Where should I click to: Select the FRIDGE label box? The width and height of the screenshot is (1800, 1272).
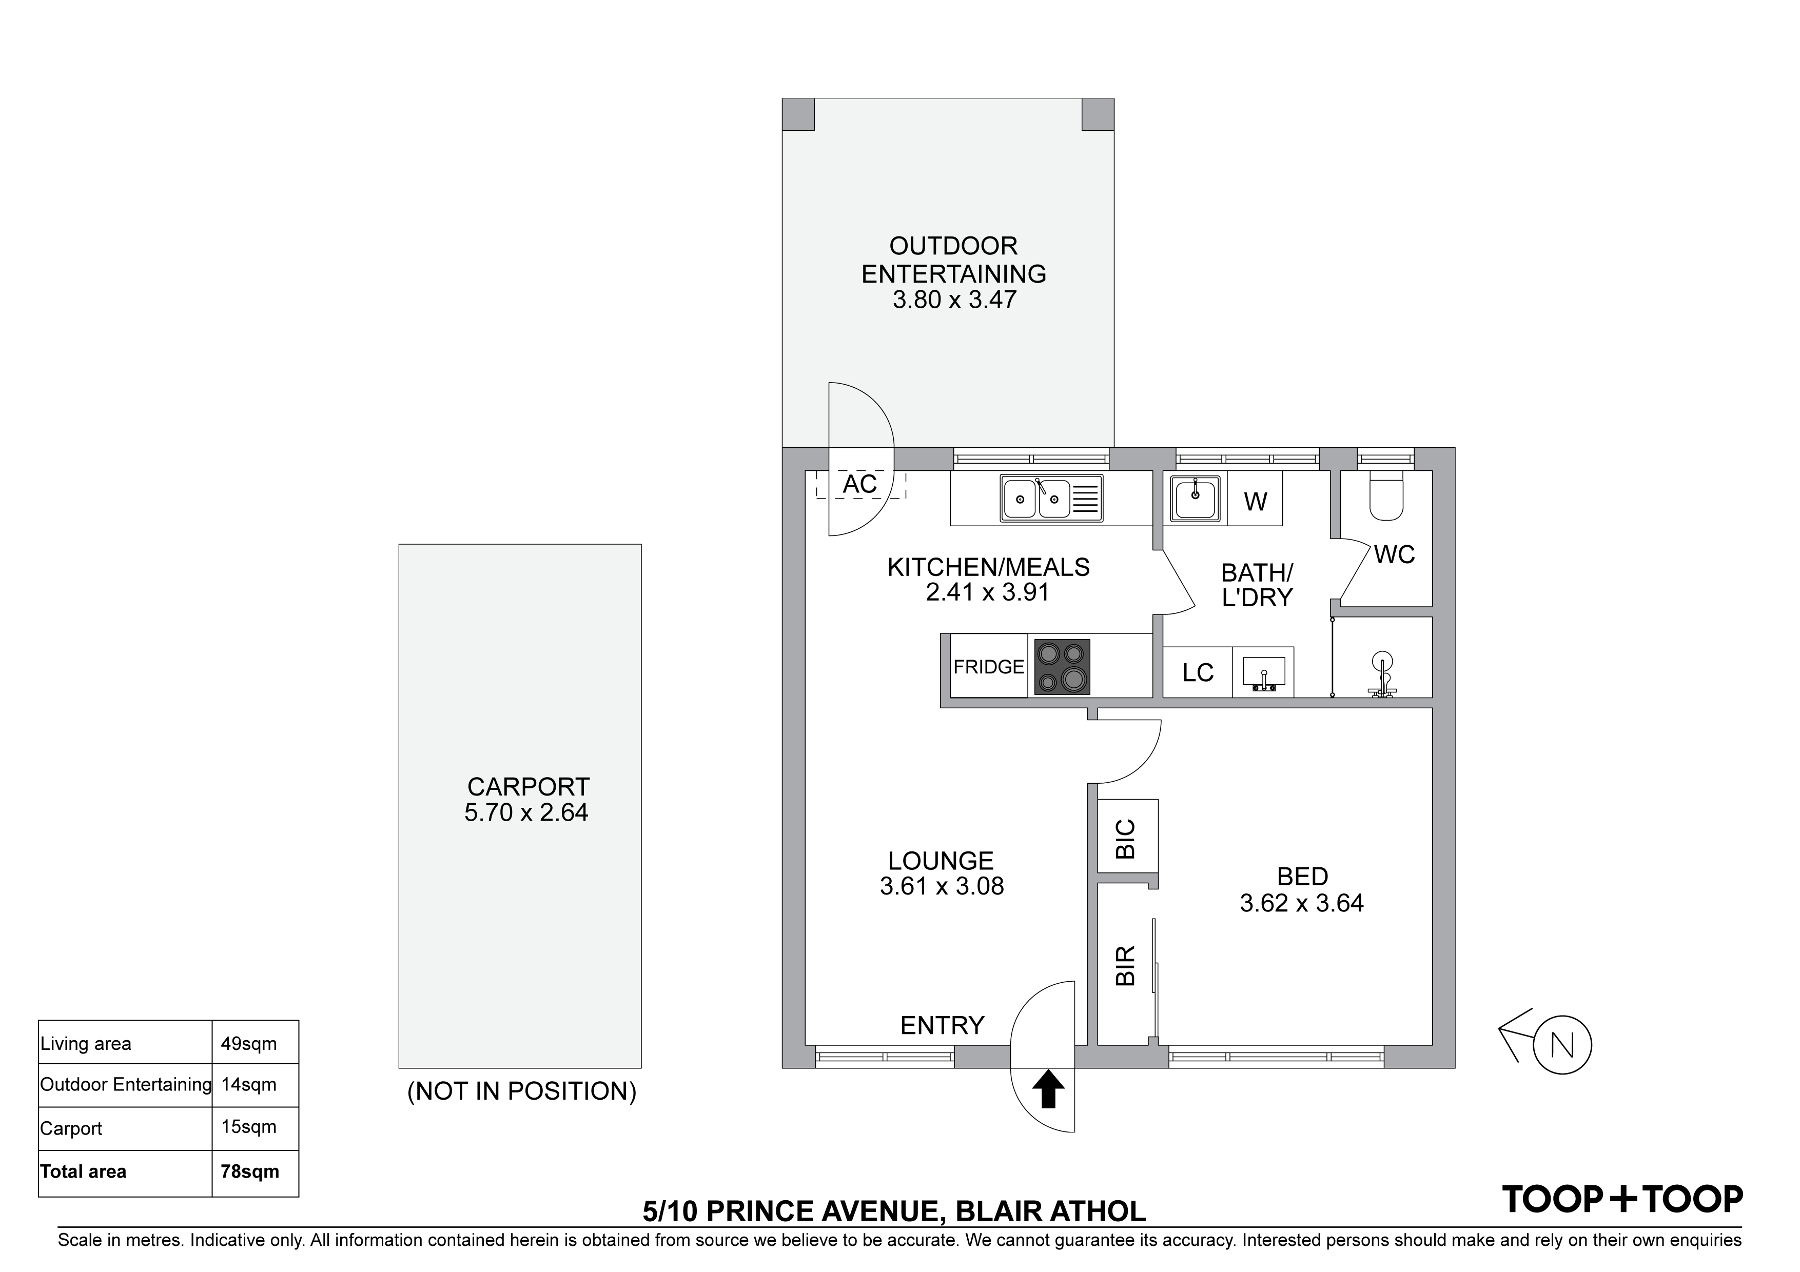point(989,666)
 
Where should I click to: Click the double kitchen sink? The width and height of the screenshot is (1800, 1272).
point(1051,498)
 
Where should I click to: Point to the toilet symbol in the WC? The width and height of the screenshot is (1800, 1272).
point(1386,496)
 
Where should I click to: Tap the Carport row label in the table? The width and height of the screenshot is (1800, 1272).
point(71,1128)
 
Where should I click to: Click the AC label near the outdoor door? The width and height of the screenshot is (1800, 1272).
point(859,484)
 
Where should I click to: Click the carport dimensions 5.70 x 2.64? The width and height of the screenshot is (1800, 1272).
point(526,813)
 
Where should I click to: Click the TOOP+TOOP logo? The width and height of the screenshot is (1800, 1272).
point(1622,1200)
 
